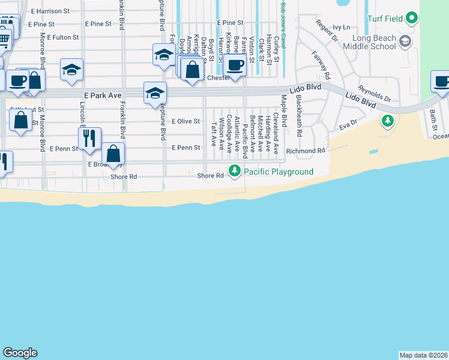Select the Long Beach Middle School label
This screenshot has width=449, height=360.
click(372, 43)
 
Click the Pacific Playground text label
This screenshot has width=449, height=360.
click(279, 172)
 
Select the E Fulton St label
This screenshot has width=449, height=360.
click(59, 37)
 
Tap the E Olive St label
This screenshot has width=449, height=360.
click(185, 121)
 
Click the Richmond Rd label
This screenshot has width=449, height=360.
click(306, 151)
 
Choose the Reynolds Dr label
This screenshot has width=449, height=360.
click(375, 93)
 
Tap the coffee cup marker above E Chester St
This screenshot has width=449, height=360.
click(235, 65)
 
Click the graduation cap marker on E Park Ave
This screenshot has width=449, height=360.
click(154, 93)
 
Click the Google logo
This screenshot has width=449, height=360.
click(20, 353)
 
